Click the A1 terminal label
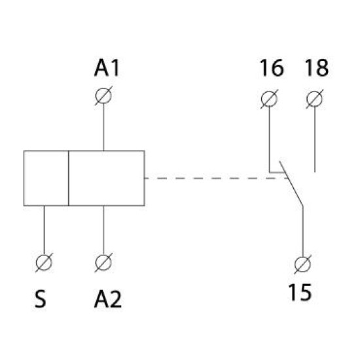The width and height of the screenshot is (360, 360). tap(107, 68)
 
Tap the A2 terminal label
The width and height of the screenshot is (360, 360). tap(108, 299)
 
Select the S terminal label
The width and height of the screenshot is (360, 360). tap(41, 299)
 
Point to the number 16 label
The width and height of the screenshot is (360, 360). tap(272, 68)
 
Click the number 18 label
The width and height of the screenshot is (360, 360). tap(317, 68)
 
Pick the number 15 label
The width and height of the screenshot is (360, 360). tap(300, 293)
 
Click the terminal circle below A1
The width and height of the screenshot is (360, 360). tap(103, 96)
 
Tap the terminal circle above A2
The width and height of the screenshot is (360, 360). tap(103, 262)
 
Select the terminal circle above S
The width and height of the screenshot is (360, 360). tap(44, 262)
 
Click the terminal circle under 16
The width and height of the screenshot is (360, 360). tap(269, 99)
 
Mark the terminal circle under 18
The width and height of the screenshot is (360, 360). tap(315, 99)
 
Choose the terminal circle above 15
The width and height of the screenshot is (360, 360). tap(302, 264)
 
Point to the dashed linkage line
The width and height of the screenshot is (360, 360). tap(216, 178)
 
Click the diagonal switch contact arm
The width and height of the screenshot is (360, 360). tap(291, 184)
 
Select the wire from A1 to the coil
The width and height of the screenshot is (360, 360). tap(103, 127)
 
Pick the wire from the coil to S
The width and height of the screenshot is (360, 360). tap(44, 230)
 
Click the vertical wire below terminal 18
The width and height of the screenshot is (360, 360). tap(315, 139)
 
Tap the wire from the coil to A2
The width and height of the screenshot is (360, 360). tap(103, 230)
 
